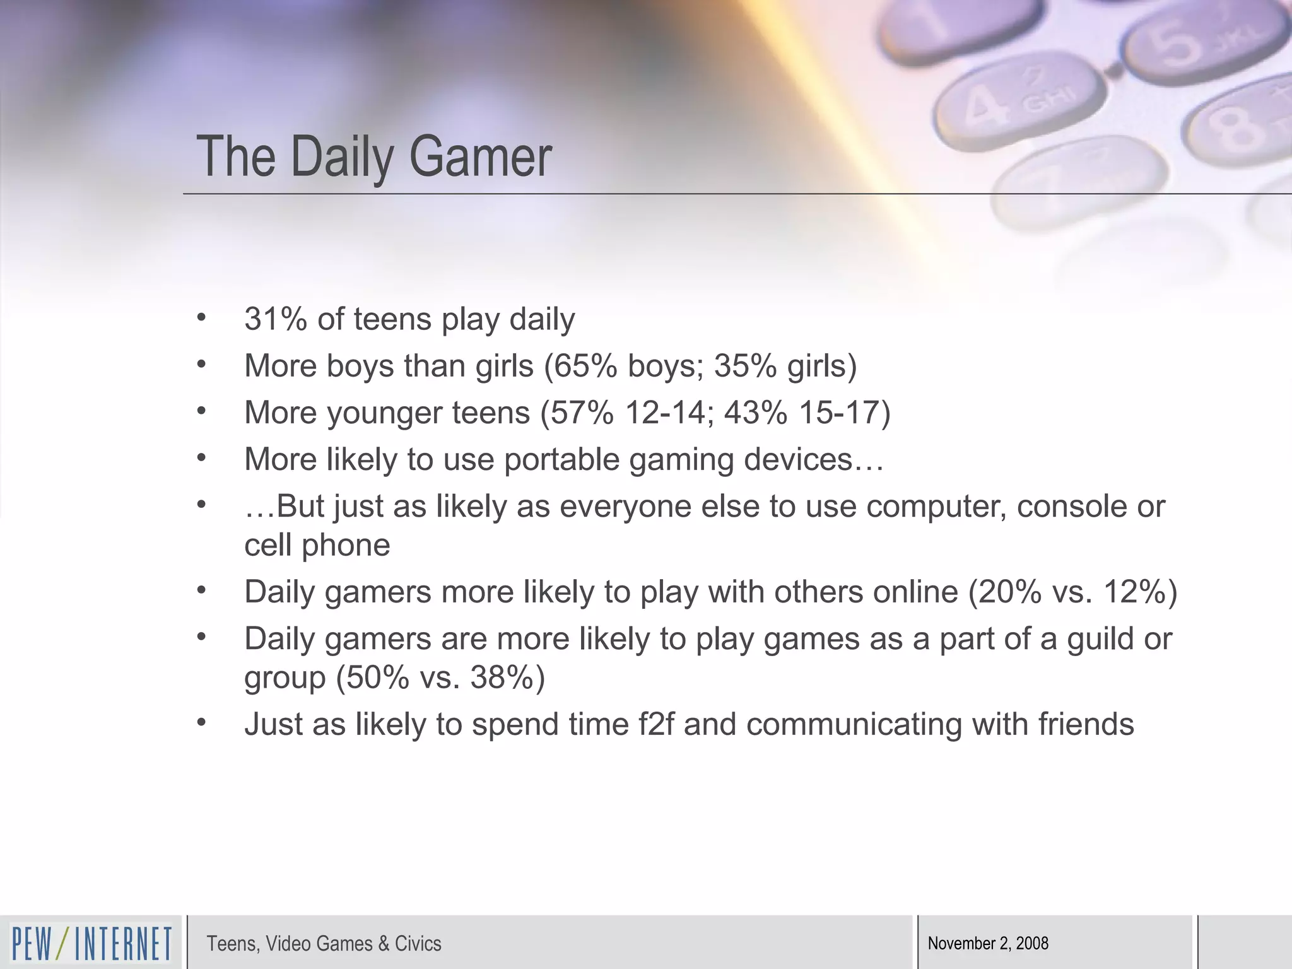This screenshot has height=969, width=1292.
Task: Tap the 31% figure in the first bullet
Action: point(275,319)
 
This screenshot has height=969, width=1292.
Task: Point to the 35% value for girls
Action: point(745,366)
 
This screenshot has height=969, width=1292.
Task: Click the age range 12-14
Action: point(664,413)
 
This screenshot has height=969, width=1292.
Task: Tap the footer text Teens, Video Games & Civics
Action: point(324,944)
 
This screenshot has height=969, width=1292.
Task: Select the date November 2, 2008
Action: point(988,944)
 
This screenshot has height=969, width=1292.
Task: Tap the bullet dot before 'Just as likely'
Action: point(201,722)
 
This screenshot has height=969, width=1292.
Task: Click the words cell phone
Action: point(317,546)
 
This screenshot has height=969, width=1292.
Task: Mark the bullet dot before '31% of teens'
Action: point(201,317)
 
